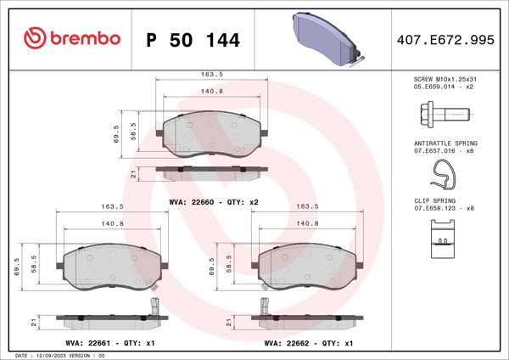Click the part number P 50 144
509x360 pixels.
(x=193, y=39)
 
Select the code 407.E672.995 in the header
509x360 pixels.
(x=445, y=39)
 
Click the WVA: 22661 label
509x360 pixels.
(x=93, y=343)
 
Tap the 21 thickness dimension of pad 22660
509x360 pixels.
(x=134, y=172)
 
